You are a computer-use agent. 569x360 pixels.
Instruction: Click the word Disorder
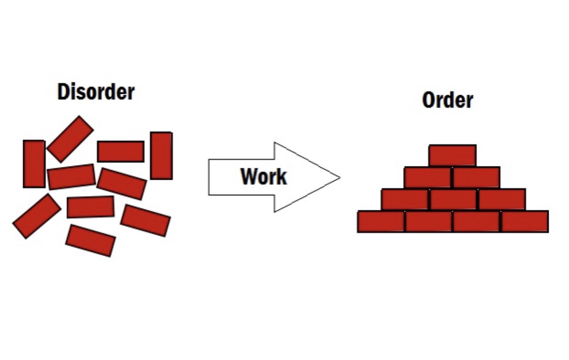click(96, 92)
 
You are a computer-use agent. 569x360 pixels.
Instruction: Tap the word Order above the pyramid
click(448, 100)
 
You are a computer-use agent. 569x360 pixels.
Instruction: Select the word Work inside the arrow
click(264, 177)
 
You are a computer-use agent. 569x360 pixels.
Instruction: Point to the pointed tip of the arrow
click(339, 178)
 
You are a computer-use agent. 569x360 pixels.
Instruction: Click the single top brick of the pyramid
click(452, 155)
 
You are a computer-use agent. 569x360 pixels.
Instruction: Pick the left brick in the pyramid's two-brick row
click(428, 177)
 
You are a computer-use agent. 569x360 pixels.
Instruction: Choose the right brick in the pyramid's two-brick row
click(476, 177)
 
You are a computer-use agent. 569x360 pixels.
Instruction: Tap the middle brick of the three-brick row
click(453, 199)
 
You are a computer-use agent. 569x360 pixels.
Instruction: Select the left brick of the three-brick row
click(405, 199)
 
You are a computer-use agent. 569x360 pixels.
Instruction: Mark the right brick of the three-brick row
click(502, 199)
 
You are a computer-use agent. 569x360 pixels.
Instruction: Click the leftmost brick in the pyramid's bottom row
click(381, 221)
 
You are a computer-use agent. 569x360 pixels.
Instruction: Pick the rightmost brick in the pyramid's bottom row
click(525, 221)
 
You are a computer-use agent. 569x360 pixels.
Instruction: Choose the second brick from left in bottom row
click(429, 221)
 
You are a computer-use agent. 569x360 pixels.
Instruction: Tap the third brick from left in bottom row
click(477, 221)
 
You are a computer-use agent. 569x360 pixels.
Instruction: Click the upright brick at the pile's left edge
click(34, 164)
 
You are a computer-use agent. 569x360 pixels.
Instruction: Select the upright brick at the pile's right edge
click(161, 155)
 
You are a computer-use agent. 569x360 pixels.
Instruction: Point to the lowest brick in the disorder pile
click(90, 240)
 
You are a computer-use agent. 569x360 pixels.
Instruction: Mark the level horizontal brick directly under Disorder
click(121, 151)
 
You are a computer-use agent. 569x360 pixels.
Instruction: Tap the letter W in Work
click(249, 177)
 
